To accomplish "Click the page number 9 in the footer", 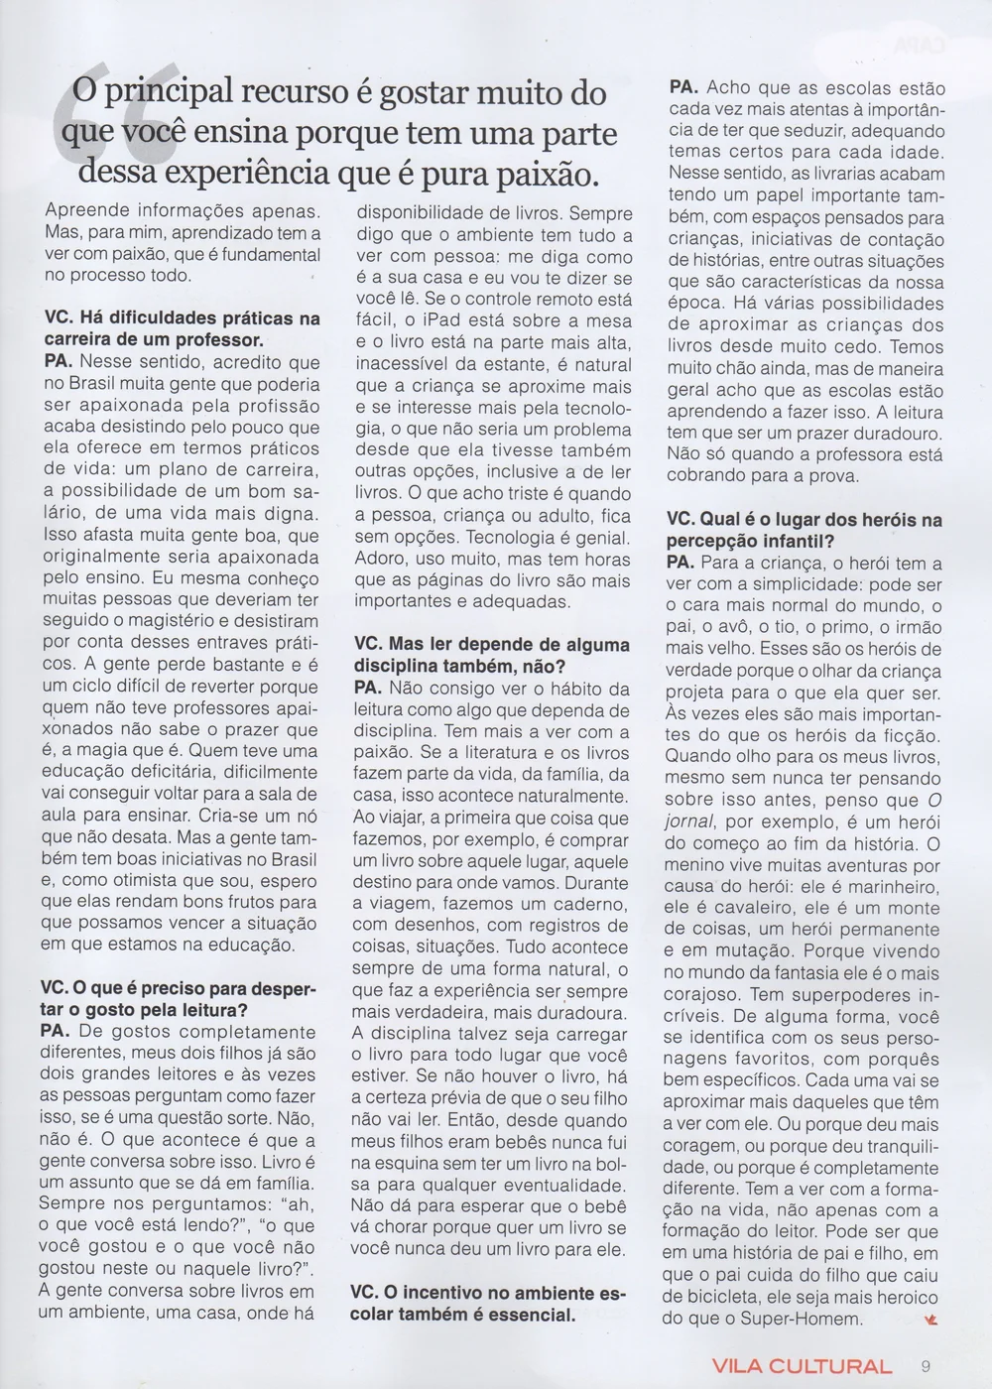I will click(925, 1365).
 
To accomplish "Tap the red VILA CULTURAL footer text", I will click(802, 1366).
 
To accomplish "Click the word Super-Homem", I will click(812, 1319).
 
